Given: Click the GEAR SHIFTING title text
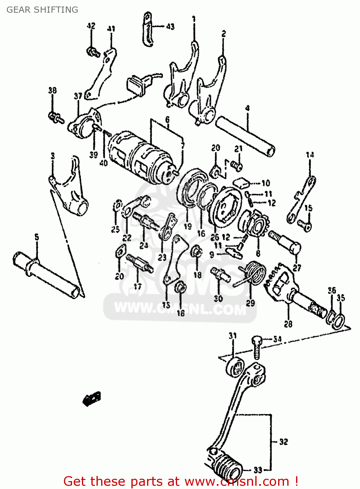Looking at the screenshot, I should (42, 10).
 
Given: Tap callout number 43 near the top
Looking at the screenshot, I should (170, 26).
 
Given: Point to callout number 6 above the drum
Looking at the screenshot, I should (167, 120).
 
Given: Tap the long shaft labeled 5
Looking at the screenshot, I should (46, 274).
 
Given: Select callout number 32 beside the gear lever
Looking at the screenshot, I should (283, 442).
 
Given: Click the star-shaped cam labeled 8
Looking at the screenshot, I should (256, 225).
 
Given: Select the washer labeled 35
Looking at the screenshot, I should (339, 321).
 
